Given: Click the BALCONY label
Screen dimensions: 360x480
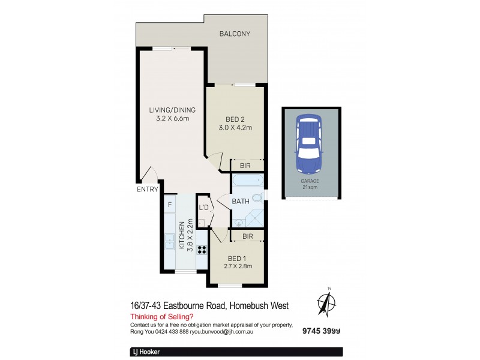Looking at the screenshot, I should (x=235, y=34).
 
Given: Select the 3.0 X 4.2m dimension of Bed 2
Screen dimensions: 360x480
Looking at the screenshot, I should (x=235, y=127).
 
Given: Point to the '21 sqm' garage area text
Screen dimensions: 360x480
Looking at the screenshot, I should (x=310, y=187).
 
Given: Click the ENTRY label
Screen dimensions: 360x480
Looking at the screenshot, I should (x=147, y=189).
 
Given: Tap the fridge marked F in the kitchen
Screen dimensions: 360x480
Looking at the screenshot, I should (x=170, y=205).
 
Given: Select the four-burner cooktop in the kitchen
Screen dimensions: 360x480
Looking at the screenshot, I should (x=202, y=250).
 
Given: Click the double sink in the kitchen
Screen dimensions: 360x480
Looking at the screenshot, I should (x=170, y=243).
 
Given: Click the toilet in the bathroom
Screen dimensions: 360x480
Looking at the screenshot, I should (x=258, y=197).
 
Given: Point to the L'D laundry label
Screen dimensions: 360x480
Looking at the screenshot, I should (x=203, y=208).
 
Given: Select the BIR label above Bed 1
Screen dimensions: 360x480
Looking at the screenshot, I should (x=247, y=236).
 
